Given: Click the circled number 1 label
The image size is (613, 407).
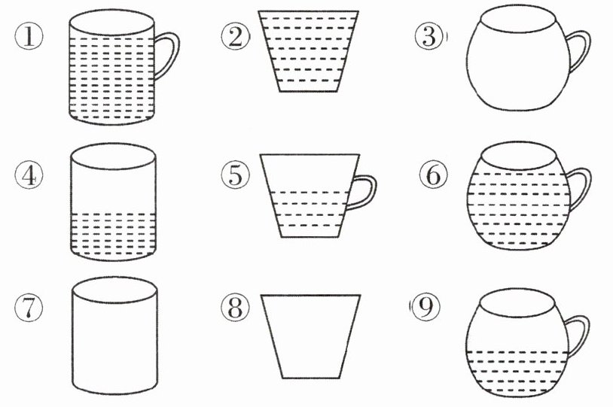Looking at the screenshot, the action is [29, 37].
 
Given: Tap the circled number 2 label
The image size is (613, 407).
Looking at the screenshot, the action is [235, 37].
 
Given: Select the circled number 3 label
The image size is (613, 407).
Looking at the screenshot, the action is [429, 37].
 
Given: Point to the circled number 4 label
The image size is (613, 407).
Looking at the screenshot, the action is [29, 175].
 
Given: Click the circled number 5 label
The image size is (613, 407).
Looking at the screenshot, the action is [235, 175].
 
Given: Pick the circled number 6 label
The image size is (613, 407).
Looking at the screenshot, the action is [434, 175].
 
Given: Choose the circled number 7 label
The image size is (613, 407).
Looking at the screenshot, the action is [29, 308].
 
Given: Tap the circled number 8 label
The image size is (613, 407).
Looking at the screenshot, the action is [235, 308].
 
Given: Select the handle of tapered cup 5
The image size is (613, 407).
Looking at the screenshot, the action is [372, 191].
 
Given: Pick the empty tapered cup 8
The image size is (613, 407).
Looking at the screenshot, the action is [311, 336].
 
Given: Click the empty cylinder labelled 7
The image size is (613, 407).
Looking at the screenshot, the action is [115, 336].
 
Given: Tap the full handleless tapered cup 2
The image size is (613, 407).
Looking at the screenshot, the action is [309, 51].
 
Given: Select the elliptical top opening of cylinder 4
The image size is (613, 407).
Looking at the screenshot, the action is [114, 156].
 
